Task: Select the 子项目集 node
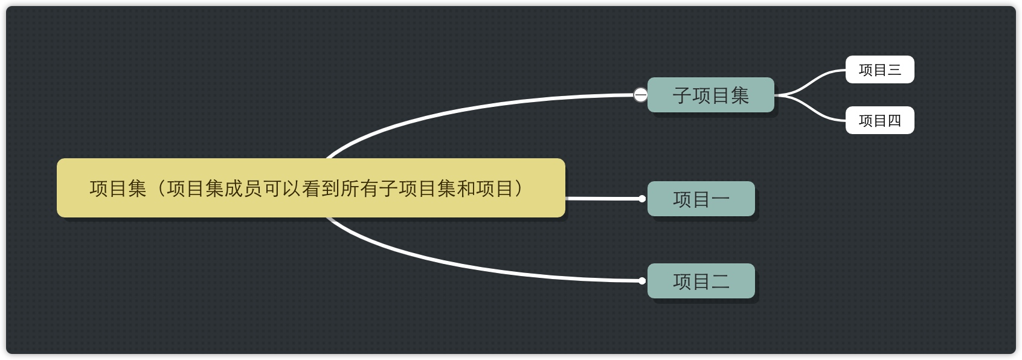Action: click(x=710, y=95)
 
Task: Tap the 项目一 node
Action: click(x=701, y=199)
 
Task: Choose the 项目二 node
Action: click(x=701, y=281)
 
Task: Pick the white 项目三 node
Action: click(x=879, y=69)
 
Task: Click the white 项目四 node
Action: click(x=879, y=120)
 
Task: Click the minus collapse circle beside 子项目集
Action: click(x=640, y=95)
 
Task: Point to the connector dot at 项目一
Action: click(x=642, y=199)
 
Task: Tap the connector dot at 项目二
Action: click(x=642, y=281)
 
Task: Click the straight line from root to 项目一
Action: click(x=604, y=198)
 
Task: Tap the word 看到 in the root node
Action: click(x=321, y=188)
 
